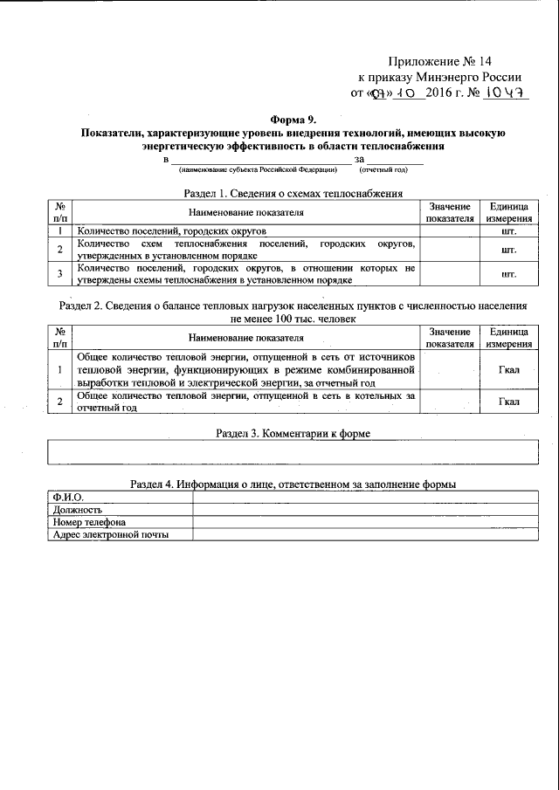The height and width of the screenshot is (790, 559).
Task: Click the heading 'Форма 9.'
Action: coord(293,120)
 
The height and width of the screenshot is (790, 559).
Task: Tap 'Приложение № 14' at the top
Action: coord(440,62)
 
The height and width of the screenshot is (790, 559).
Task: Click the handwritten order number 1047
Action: coord(507,93)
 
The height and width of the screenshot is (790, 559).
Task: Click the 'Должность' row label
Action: coord(78,510)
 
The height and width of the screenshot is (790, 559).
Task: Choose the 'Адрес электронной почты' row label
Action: coord(110,535)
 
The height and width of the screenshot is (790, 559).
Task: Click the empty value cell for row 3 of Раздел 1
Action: coord(450,274)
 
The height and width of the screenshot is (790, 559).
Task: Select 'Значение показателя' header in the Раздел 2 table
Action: coord(450,338)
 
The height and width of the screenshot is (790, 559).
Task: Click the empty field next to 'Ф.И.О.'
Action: coord(365,497)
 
